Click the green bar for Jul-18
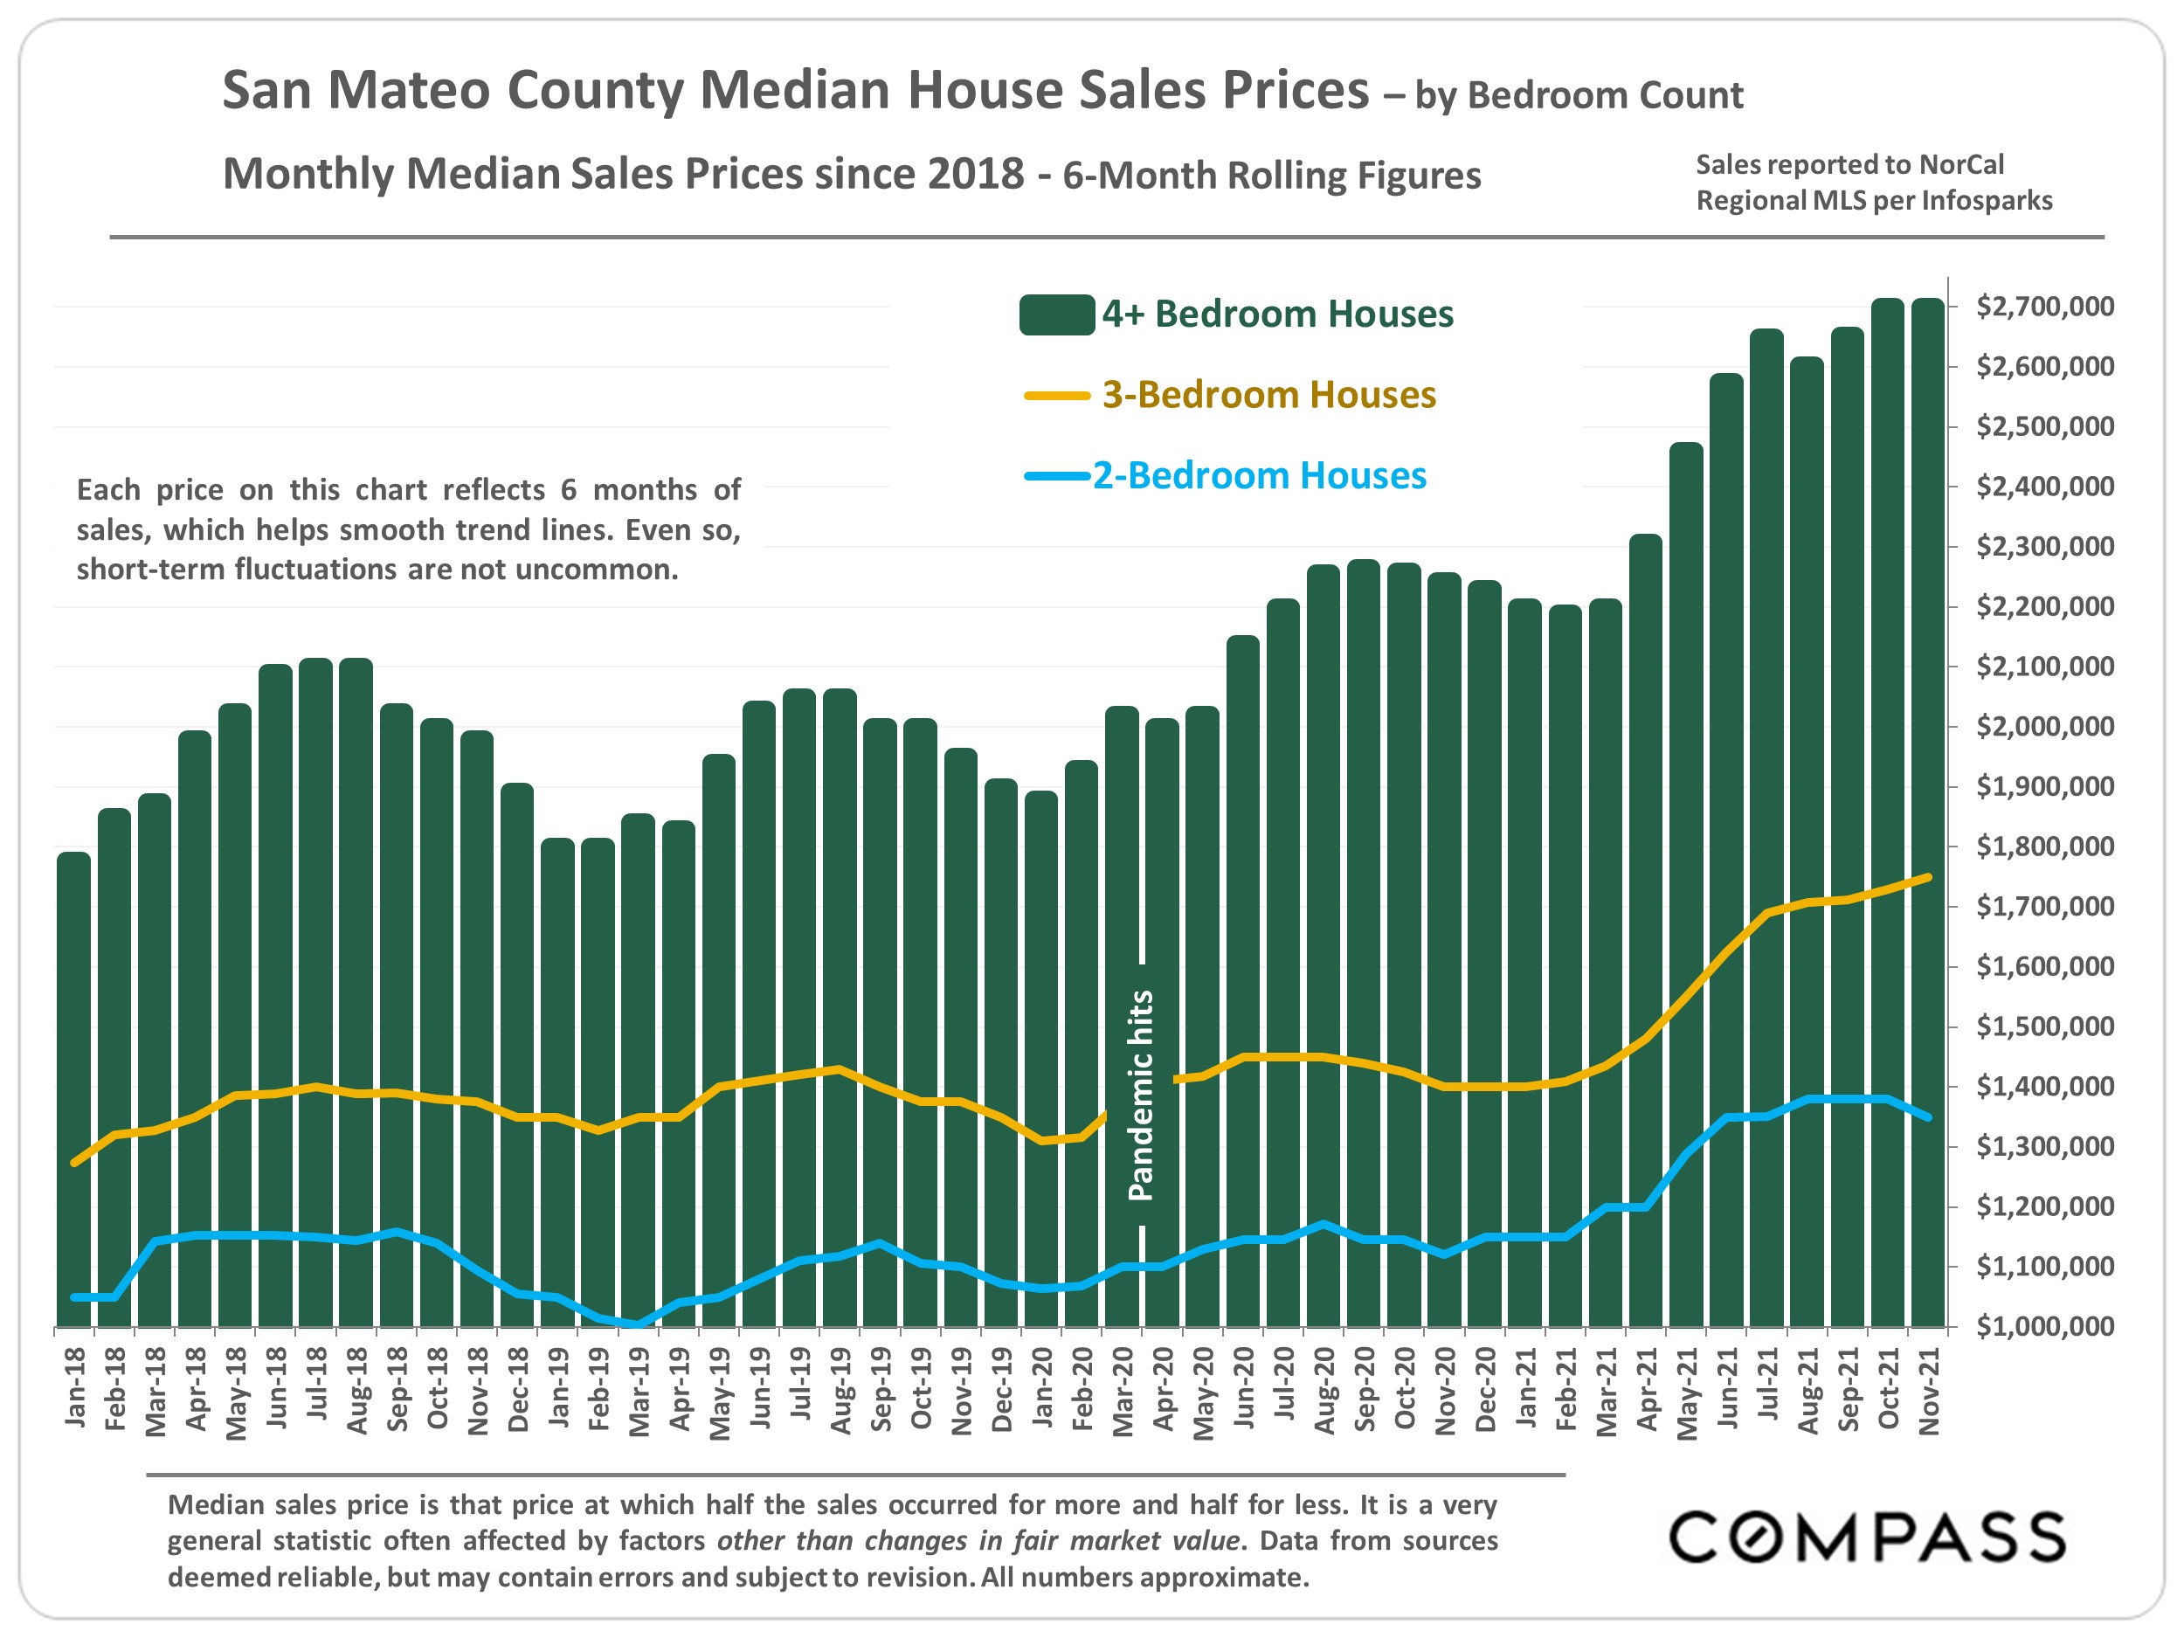[316, 987]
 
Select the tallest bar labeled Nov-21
[1927, 810]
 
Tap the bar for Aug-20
[1323, 938]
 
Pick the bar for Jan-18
[74, 1086]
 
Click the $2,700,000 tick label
[2045, 306]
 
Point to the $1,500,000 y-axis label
[2045, 1026]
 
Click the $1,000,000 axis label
[2045, 1326]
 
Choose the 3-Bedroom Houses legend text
[1268, 395]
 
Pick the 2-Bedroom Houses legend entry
[1259, 476]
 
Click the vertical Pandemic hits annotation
[1142, 1095]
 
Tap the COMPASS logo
[1866, 1538]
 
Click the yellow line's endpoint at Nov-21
[1928, 877]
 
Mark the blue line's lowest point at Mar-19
[639, 1325]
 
